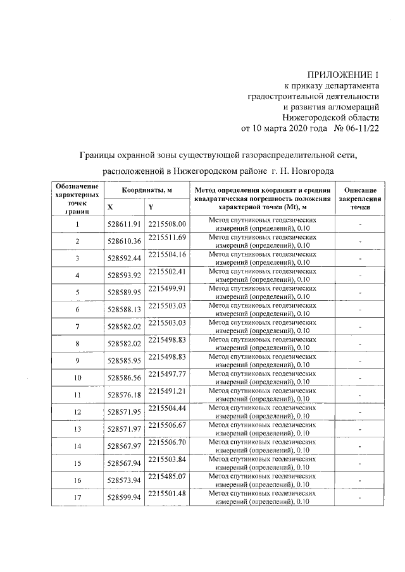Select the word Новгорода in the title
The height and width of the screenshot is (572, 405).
click(x=313, y=171)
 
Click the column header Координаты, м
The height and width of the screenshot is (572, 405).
click(x=147, y=190)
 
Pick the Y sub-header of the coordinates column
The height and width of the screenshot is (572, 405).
click(x=151, y=207)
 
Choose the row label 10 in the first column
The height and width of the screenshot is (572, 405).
click(x=77, y=378)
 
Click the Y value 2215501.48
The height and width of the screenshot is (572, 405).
click(x=166, y=494)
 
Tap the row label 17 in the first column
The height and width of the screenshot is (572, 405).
click(x=77, y=498)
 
